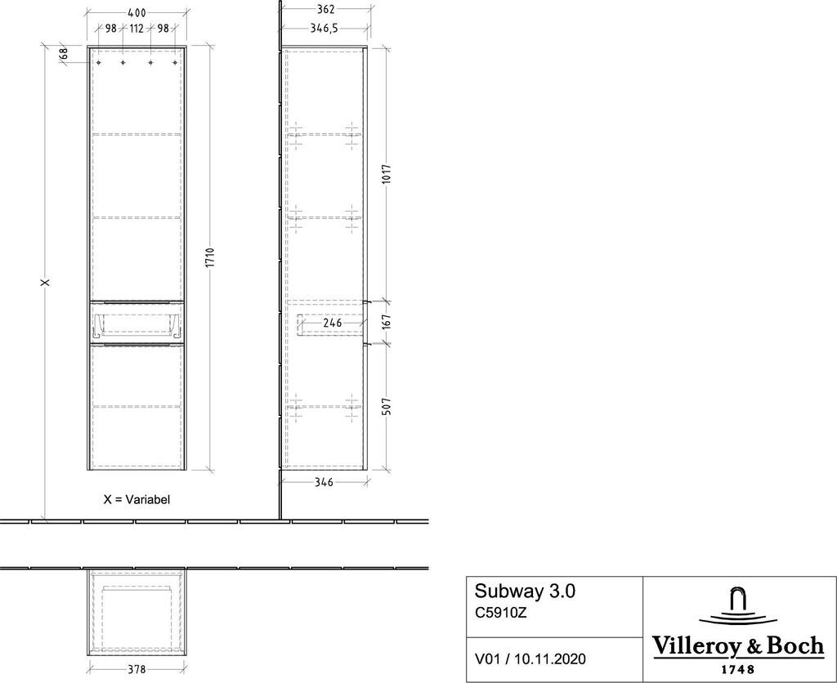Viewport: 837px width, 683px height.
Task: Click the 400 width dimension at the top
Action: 137,11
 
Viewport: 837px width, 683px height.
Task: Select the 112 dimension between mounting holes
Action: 137,28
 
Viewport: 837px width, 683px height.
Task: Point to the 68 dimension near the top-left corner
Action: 63,54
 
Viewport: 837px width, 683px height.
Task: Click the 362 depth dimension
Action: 325,9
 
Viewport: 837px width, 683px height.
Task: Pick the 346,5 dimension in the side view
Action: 324,28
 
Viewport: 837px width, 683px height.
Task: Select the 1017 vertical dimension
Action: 387,174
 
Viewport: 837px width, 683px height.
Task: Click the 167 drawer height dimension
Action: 387,322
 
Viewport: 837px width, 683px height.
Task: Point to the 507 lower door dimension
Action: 387,407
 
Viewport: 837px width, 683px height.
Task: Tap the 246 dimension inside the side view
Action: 332,323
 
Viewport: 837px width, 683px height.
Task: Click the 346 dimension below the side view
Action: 324,482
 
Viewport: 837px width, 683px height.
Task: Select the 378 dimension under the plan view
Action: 137,669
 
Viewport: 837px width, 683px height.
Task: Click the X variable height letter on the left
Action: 47,281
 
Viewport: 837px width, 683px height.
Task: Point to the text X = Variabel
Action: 137,499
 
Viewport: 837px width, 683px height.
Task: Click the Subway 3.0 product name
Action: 525,591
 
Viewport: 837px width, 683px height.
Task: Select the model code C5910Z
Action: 501,613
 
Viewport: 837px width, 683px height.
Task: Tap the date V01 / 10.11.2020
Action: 530,659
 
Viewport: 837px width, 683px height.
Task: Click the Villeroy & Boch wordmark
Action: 738,646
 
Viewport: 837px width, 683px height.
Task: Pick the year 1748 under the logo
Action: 738,670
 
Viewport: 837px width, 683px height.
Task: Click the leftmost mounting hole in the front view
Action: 99,63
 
